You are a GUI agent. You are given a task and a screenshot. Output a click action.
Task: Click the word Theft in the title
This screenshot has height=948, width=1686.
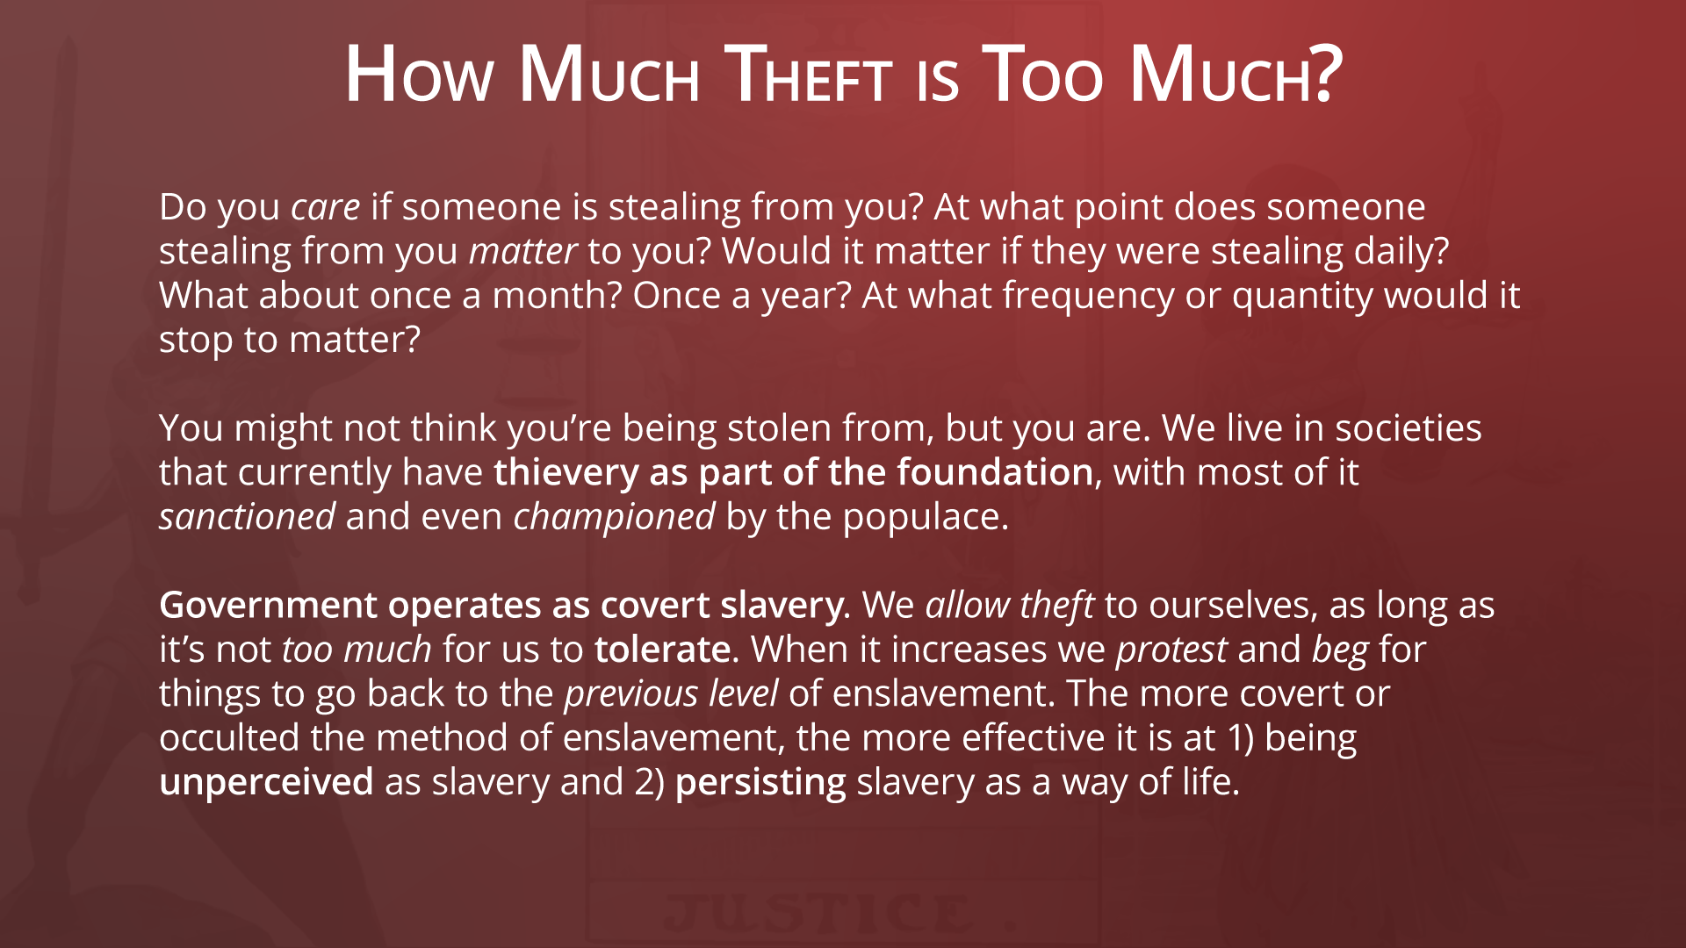click(x=811, y=75)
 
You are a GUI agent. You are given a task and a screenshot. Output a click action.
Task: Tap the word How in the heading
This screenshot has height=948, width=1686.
click(x=419, y=75)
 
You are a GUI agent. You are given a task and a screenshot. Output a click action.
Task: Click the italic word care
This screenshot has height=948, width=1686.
click(x=326, y=208)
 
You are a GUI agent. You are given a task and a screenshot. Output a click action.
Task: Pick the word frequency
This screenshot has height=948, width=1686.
click(x=1089, y=297)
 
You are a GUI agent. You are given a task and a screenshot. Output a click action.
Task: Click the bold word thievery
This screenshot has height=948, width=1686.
click(x=566, y=474)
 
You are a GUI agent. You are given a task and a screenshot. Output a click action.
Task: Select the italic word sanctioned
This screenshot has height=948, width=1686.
click(x=247, y=517)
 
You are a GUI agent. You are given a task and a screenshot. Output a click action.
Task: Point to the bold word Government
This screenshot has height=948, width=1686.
click(x=268, y=606)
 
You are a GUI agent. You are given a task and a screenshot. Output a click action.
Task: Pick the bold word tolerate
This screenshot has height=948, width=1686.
click(x=662, y=650)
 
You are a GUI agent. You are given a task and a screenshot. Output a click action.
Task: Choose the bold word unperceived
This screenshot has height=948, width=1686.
click(x=266, y=783)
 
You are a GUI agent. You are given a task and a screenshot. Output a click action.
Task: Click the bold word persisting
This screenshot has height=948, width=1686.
click(x=760, y=783)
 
